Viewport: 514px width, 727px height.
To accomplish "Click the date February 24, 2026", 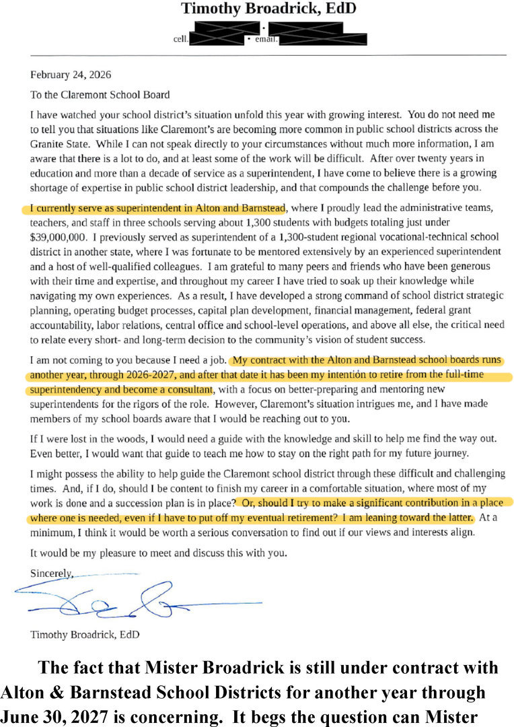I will [71, 75].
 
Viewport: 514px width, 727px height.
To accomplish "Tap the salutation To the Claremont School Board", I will [100, 95].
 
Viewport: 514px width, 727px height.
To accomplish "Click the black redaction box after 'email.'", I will [323, 38].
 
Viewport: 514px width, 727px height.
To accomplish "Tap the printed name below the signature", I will [85, 634].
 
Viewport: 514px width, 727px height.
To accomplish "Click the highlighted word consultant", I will [188, 390].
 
